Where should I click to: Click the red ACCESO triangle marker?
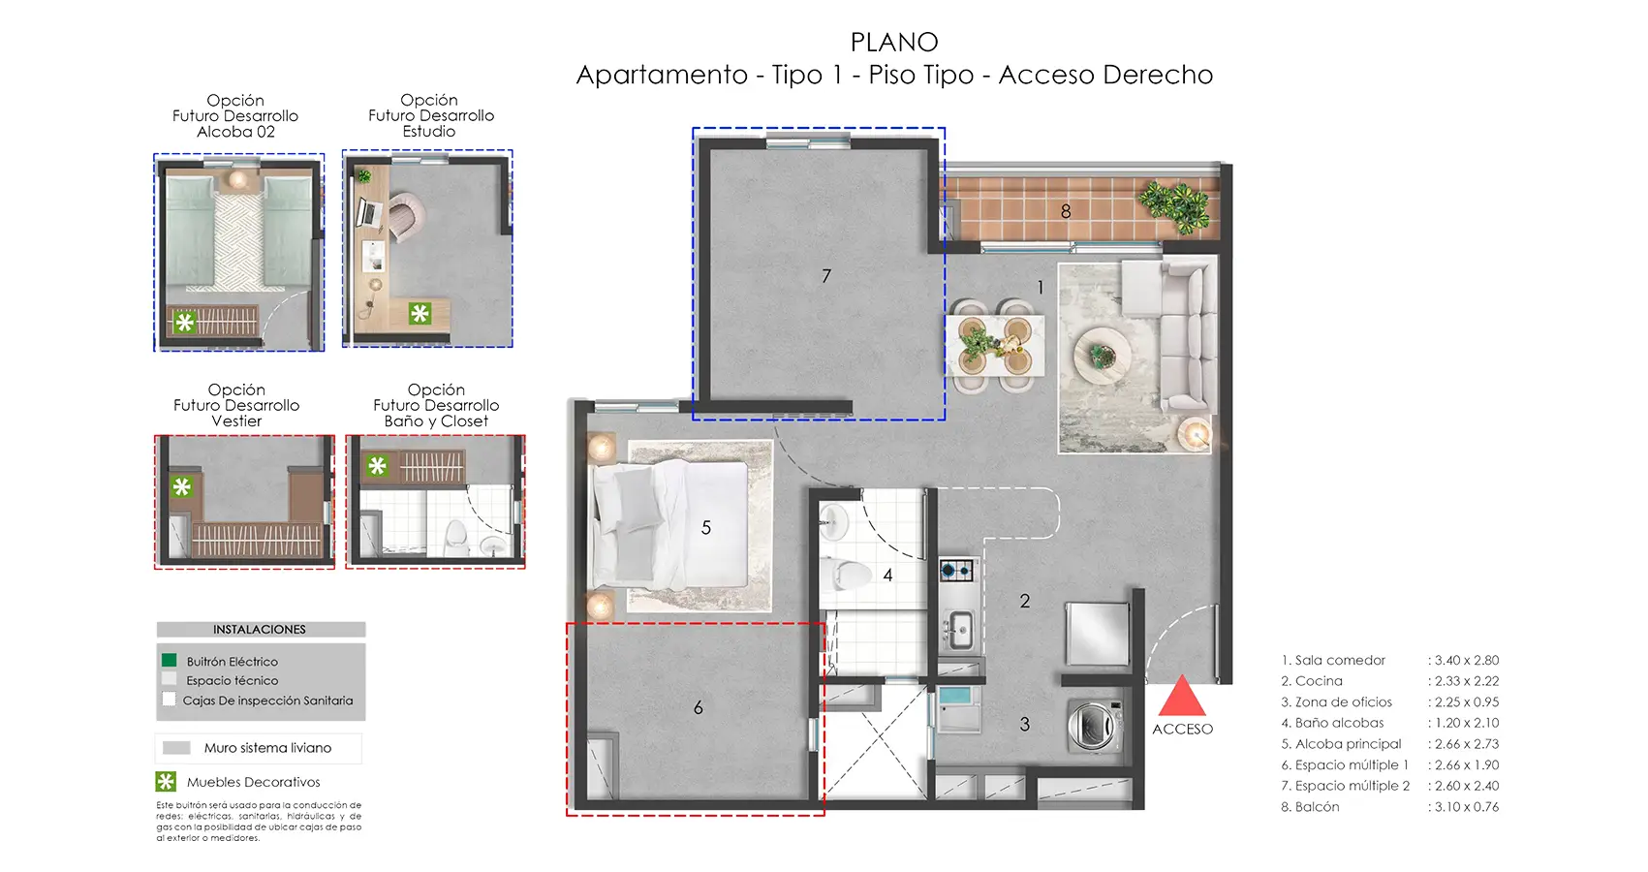coord(1181,699)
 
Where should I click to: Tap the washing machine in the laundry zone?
coord(1095,726)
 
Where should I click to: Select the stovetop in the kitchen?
coord(956,570)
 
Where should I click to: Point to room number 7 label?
coord(825,276)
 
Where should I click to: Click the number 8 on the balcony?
coord(1065,210)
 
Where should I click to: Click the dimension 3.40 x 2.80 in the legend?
coord(1466,660)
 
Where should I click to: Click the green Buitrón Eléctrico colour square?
coord(170,660)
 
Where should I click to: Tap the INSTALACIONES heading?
coord(260,629)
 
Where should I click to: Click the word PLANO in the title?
coord(893,43)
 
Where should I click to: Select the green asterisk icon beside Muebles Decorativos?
coord(166,781)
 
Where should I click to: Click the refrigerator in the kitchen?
coord(1097,633)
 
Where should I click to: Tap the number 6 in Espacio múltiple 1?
coord(698,708)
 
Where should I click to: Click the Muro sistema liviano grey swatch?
coord(176,748)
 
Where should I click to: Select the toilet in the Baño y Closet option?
coord(454,536)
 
